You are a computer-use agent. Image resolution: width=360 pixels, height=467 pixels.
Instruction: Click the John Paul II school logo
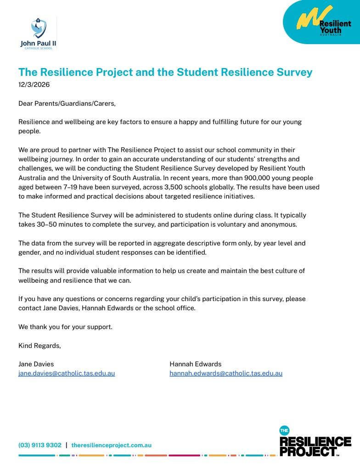(x=38, y=34)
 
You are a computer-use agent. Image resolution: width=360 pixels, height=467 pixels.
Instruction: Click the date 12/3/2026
(x=34, y=85)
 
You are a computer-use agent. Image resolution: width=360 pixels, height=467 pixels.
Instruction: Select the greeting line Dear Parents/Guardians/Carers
(x=67, y=103)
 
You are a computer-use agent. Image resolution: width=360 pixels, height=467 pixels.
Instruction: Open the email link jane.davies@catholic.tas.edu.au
(x=67, y=373)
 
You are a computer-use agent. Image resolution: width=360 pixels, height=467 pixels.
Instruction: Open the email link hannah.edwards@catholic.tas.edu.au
(x=226, y=373)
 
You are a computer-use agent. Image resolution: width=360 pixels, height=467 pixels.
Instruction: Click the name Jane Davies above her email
(x=36, y=364)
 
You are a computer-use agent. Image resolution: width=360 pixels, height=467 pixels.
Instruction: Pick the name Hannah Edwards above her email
(x=195, y=364)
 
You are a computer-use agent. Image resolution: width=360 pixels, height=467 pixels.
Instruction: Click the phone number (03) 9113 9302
(x=40, y=445)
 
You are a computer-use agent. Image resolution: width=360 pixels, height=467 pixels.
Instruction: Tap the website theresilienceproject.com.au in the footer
(x=111, y=445)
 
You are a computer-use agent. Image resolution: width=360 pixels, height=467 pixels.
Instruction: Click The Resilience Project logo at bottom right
(x=315, y=443)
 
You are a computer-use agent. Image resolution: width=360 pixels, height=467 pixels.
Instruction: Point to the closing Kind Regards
(x=39, y=345)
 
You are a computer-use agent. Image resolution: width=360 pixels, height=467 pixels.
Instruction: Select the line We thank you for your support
(x=65, y=327)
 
